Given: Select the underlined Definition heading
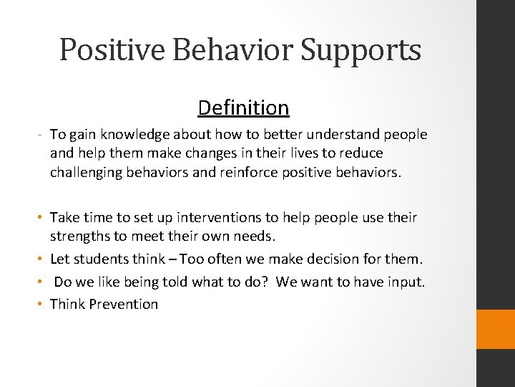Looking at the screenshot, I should pyautogui.click(x=243, y=108).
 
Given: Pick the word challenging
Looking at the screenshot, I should pyautogui.click(x=84, y=172).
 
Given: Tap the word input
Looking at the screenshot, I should pyautogui.click(x=406, y=282).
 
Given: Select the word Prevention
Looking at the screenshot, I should pyautogui.click(x=124, y=304).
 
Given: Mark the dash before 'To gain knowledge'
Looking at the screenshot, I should pyautogui.click(x=41, y=135).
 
